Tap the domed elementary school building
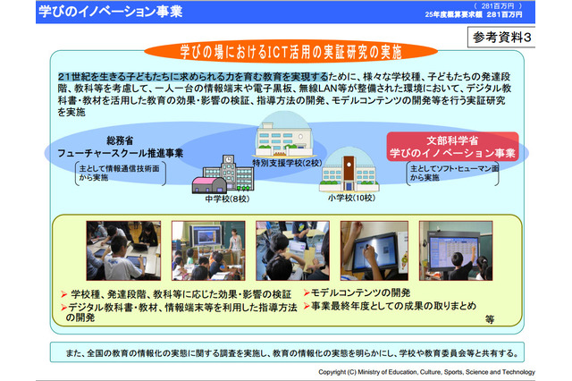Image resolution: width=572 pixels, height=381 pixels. click(349, 170)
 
